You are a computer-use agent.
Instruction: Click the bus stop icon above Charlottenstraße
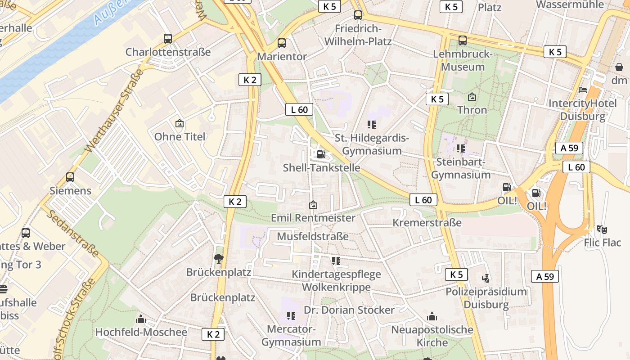point(168,39)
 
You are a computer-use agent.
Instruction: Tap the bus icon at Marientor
point(282,43)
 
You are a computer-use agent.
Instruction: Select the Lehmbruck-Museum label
point(459,60)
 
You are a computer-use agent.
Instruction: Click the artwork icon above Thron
point(472,97)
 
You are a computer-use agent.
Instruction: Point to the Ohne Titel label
point(180,136)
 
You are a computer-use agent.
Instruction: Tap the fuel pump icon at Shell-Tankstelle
point(321,154)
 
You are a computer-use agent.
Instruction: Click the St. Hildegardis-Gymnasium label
point(372,144)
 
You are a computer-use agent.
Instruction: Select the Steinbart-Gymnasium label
point(461,168)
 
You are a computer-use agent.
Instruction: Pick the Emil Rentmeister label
point(313,218)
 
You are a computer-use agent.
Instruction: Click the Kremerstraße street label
point(427,222)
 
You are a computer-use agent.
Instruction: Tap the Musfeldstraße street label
point(313,236)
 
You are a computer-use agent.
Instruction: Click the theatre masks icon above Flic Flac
point(602,229)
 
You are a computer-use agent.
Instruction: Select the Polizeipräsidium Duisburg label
point(486,298)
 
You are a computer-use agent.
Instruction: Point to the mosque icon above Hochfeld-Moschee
point(141,319)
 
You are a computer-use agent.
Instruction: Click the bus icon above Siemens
point(70,177)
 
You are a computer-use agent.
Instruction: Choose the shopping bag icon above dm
point(619,67)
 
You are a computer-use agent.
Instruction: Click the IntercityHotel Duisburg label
point(583,110)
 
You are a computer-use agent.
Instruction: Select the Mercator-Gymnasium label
point(291,335)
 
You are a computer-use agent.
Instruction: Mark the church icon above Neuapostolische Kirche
point(432,316)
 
